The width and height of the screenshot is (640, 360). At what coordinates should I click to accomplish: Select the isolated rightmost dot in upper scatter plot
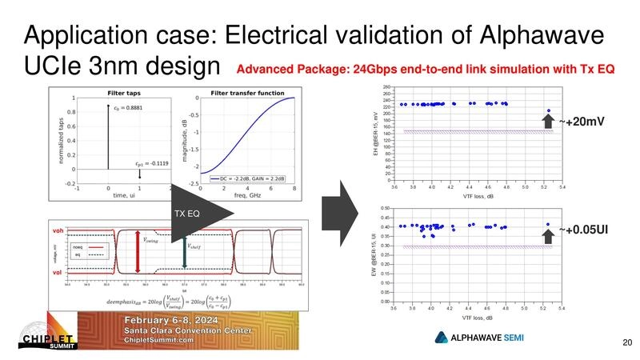click(x=549, y=111)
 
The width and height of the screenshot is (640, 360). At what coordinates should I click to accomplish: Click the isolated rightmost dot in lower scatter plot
click(x=548, y=225)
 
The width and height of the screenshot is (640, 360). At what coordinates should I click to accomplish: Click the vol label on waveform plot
click(x=57, y=273)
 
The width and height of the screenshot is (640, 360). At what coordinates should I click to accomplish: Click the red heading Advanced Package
click(x=425, y=70)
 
